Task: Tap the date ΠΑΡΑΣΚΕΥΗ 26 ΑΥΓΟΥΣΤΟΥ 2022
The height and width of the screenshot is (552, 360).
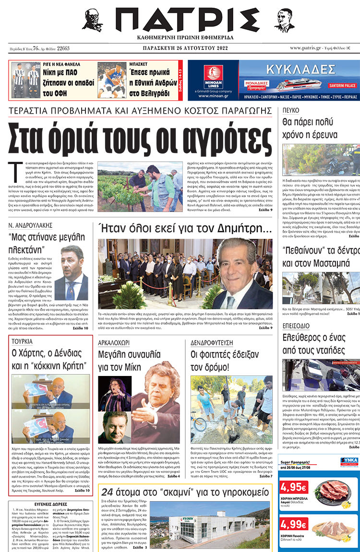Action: pyautogui.click(x=180, y=48)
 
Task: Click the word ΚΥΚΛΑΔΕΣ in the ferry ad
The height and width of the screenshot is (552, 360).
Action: pyautogui.click(x=300, y=68)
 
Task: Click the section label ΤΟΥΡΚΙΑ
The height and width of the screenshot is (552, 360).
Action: pyautogui.click(x=23, y=342)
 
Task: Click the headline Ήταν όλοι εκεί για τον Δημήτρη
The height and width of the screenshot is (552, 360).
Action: pyautogui.click(x=185, y=228)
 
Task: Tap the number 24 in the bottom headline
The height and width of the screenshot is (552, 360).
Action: pyautogui.click(x=107, y=492)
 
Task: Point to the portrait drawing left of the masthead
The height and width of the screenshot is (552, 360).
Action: pyautogui.click(x=92, y=20)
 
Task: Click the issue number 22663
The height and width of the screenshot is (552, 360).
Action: pyautogui.click(x=63, y=48)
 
